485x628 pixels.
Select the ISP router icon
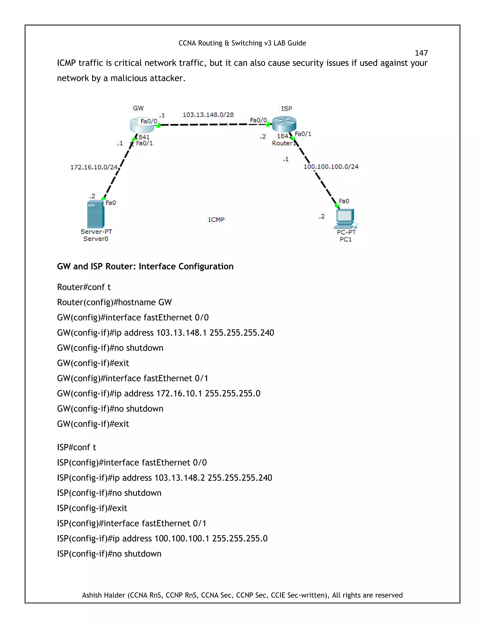[284, 123]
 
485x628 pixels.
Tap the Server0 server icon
[95, 214]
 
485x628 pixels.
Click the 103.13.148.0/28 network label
[208, 115]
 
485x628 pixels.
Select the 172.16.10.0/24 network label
[94, 167]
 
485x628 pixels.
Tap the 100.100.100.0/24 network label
[331, 167]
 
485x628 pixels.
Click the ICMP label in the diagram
[216, 220]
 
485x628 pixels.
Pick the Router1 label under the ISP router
[283, 143]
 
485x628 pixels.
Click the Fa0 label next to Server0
[111, 203]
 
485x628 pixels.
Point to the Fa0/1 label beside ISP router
[303, 134]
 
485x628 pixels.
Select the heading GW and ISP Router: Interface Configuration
[145, 266]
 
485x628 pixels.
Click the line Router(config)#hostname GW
[114, 302]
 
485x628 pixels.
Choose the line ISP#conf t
[76, 447]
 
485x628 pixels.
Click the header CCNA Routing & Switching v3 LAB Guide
[242, 43]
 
